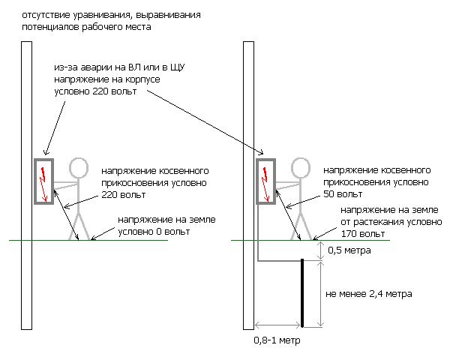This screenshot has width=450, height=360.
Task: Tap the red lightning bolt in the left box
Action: coord(43,184)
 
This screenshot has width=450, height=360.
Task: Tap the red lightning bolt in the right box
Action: coord(265,184)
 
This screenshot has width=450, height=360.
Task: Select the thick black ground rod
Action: coord(302,292)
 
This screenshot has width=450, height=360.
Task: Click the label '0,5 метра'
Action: coord(349,250)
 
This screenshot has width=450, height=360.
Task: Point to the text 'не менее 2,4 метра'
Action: coord(369,294)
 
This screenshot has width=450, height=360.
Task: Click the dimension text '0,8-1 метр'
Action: coord(277,340)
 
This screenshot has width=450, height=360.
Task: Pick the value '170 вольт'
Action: coord(363,234)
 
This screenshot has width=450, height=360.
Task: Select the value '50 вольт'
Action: coord(343,194)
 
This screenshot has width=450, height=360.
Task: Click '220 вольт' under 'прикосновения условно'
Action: coord(124,195)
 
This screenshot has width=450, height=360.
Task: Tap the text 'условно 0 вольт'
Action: coord(154,232)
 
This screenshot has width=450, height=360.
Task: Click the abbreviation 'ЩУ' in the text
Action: coord(178,67)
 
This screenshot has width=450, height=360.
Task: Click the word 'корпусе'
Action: coord(142,79)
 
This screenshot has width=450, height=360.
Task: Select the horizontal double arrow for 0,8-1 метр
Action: coord(277,325)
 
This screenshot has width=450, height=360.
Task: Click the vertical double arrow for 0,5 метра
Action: coord(320,250)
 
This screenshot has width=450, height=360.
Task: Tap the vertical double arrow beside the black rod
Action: coord(320,294)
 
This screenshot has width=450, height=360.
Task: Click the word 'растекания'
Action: coord(382,222)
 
